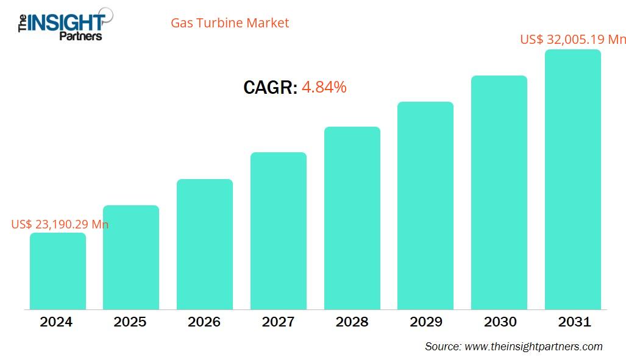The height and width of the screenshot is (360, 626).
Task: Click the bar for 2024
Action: click(x=58, y=271)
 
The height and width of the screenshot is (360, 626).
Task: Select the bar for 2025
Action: click(x=131, y=257)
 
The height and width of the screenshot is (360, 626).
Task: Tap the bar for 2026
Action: click(x=205, y=244)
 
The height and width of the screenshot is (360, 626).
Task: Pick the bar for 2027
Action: click(x=279, y=231)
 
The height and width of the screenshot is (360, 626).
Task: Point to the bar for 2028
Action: click(x=352, y=218)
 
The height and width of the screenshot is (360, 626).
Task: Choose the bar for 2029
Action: click(x=425, y=205)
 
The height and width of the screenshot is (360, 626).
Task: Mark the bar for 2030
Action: click(x=499, y=192)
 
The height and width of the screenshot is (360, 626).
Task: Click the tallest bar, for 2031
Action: click(x=573, y=180)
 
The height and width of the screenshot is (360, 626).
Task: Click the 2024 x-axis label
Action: click(x=56, y=322)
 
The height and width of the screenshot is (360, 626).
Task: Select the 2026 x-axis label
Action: click(x=204, y=322)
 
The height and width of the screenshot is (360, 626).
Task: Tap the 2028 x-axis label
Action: click(x=352, y=322)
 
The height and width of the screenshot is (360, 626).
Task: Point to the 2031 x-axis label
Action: click(x=574, y=322)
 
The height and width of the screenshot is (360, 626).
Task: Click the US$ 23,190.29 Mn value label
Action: click(x=60, y=224)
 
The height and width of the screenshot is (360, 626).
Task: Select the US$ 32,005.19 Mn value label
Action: click(x=572, y=40)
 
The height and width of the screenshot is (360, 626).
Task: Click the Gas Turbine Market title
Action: click(x=230, y=23)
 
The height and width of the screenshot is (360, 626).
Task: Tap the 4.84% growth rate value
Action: click(x=324, y=87)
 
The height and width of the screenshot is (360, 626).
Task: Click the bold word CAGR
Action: click(x=270, y=88)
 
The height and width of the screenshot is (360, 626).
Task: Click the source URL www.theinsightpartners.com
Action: click(x=533, y=347)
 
